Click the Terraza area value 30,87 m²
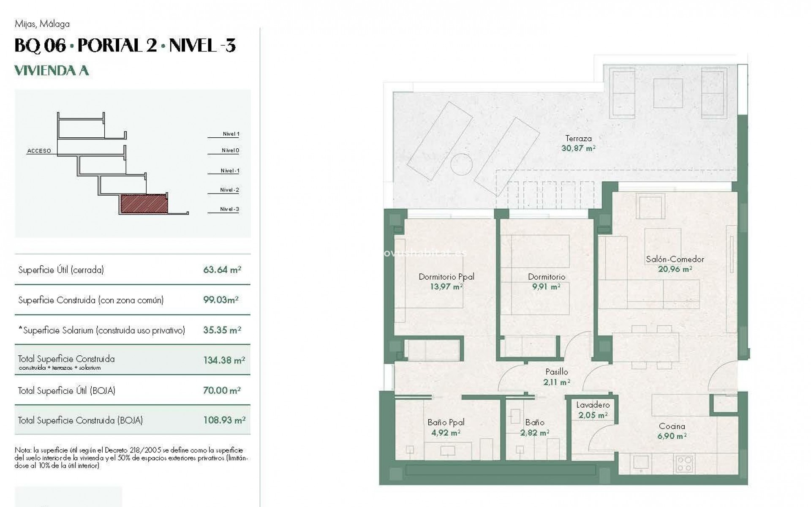click(x=578, y=148)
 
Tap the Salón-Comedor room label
click(x=675, y=259)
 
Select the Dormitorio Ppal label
click(x=446, y=277)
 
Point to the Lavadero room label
click(x=593, y=405)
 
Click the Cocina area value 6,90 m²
click(x=672, y=436)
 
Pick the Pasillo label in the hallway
click(x=556, y=372)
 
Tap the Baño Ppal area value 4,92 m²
click(x=445, y=433)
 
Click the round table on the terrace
click(x=461, y=164)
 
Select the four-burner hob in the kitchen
click(x=684, y=464)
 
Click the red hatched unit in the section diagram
click(x=144, y=204)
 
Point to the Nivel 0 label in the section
click(x=230, y=150)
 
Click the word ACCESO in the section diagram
click(x=39, y=151)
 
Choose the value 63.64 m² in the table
click(x=222, y=270)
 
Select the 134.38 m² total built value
click(x=223, y=360)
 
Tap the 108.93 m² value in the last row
click(x=224, y=420)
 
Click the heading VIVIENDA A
click(x=52, y=70)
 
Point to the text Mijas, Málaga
click(x=42, y=24)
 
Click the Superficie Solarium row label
click(x=101, y=330)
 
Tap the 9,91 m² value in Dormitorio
click(x=546, y=286)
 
